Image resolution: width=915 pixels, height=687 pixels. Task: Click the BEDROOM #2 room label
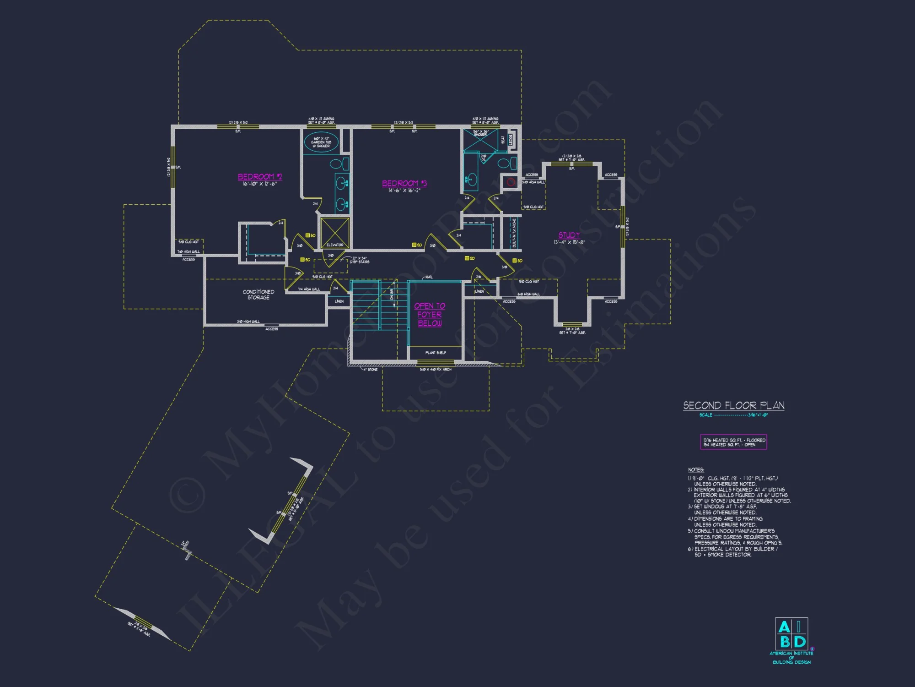pos(259,177)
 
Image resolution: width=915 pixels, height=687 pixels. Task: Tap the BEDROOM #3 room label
pos(404,183)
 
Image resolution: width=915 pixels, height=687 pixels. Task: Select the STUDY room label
pos(569,235)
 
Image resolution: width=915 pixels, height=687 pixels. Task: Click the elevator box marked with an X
pos(335,233)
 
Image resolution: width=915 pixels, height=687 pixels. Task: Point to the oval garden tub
pos(321,142)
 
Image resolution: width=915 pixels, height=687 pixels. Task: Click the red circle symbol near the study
pos(511,182)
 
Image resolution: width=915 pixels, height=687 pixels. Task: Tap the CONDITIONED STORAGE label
pos(258,294)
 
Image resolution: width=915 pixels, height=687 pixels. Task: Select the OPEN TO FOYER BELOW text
pos(430,315)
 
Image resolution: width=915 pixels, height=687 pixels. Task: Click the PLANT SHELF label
pos(436,353)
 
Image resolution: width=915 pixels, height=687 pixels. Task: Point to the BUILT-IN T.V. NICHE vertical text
pos(514,233)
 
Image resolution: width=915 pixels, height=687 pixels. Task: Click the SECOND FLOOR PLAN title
pos(733,406)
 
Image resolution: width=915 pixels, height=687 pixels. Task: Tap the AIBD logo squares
pos(791,634)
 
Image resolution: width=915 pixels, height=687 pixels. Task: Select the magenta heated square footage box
pos(733,442)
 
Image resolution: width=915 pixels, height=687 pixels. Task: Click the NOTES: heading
pos(696,470)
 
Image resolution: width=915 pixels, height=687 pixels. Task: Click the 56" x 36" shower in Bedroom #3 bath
pos(480,140)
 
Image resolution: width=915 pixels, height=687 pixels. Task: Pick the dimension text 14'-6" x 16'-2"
pos(404,191)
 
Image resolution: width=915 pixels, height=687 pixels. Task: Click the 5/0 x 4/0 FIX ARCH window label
pos(436,369)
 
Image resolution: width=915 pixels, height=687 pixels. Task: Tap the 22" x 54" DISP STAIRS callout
pos(360,260)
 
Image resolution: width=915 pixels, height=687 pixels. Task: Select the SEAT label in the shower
pos(502,139)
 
